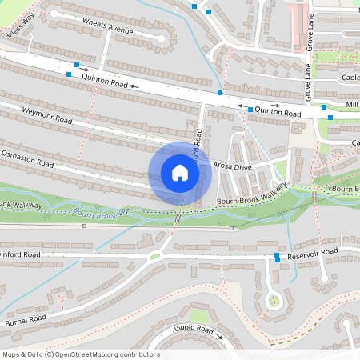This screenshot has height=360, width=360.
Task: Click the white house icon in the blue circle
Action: [180, 173]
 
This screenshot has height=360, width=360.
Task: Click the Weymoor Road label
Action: [47, 115]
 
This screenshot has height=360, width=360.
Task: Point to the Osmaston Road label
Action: [27, 157]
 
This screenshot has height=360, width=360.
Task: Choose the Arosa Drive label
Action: [233, 166]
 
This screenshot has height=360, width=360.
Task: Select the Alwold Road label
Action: [193, 329]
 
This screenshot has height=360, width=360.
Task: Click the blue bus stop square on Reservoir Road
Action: [277, 257]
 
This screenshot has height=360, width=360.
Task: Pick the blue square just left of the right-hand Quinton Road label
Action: [250, 109]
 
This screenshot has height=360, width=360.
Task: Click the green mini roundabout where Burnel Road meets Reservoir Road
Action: [154, 256]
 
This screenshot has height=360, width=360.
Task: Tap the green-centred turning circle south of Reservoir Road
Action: [274, 302]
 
